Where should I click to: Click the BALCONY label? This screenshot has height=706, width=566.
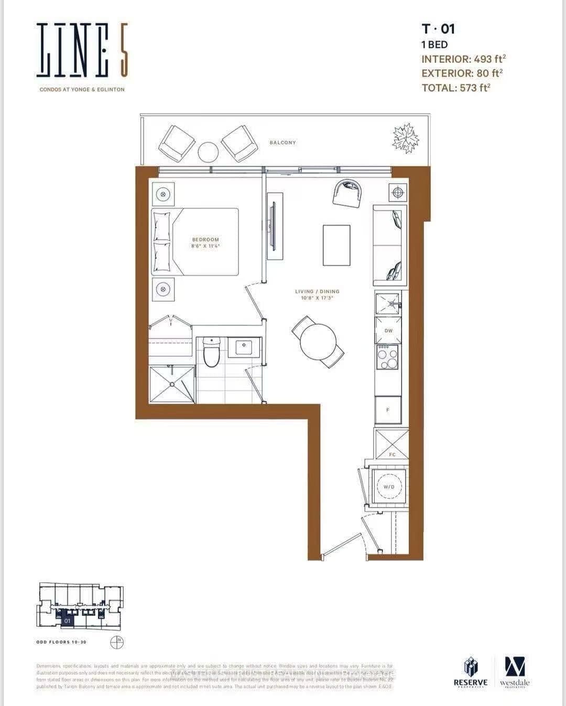coord(282,142)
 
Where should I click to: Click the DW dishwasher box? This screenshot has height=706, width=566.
coord(388,330)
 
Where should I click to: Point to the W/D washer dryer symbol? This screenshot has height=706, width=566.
coord(389,487)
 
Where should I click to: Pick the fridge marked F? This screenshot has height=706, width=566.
coord(388,410)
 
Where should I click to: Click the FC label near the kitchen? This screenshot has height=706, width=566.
coord(392,454)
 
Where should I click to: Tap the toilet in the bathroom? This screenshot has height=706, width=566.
coord(211,354)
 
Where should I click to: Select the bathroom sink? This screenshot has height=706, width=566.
coord(244,347)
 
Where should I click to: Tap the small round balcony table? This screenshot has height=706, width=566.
coord(208,152)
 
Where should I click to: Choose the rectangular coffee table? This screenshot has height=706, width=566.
coord(336,245)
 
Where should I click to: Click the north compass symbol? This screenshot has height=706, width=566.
coord(117,642)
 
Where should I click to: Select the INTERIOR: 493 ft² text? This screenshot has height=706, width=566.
coord(463,59)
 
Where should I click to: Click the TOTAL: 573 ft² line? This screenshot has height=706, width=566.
coord(456,88)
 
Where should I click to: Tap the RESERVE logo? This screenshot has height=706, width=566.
coord(470,672)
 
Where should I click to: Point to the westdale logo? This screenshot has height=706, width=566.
coord(514,672)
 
